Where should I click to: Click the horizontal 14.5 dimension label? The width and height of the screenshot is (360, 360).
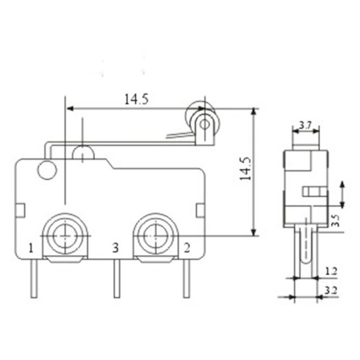[136, 99]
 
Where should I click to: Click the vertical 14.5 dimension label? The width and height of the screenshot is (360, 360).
[245, 169]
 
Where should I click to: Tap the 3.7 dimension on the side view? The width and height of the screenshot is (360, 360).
[305, 127]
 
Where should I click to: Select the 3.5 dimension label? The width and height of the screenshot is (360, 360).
[336, 220]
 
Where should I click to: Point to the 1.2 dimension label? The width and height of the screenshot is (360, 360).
[331, 271]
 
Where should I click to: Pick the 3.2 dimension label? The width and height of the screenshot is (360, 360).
[330, 290]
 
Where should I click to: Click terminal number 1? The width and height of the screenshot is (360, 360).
[31, 248]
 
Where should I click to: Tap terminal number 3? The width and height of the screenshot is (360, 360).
[115, 248]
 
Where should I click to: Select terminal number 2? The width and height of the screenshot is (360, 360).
[187, 248]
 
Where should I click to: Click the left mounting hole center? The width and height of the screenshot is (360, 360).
[65, 236]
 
